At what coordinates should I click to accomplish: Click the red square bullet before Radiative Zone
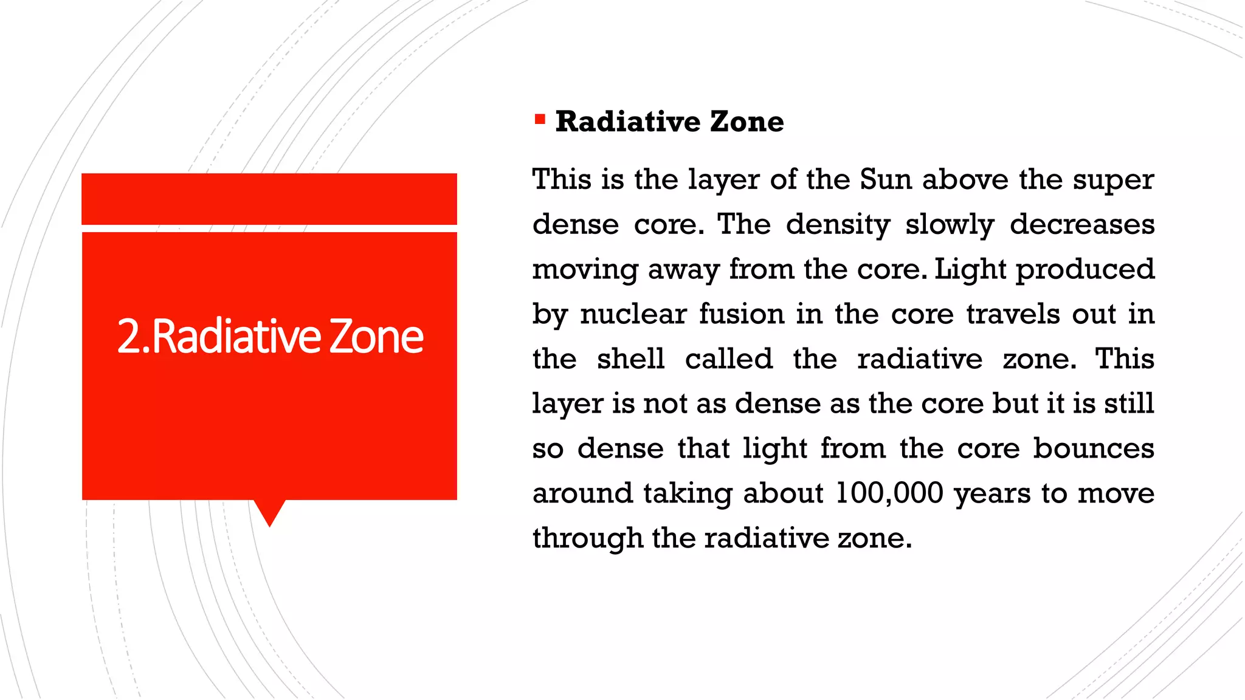point(540,119)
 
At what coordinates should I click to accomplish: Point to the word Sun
point(886,180)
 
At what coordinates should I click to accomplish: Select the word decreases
point(1082,224)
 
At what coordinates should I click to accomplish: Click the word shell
point(630,359)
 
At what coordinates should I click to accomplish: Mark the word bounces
point(1094,448)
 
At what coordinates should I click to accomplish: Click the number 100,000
point(890,493)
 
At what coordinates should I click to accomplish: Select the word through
point(588,538)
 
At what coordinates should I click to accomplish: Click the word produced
point(1085,270)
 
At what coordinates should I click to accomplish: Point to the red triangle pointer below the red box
point(269,512)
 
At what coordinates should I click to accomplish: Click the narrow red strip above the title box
point(269,199)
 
